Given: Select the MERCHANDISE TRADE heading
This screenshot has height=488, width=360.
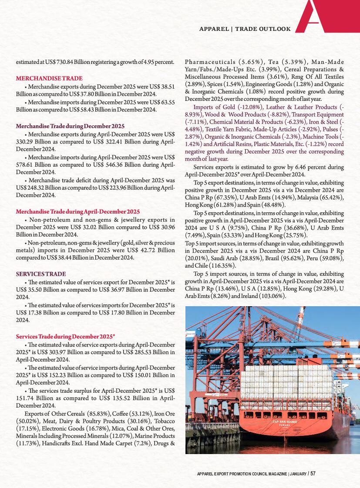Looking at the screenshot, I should (49, 78).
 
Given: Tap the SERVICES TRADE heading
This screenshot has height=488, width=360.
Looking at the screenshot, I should (41, 274).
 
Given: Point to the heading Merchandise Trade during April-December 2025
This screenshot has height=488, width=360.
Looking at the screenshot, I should (78, 211).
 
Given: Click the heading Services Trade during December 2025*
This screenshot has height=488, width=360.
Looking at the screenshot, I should (65, 337).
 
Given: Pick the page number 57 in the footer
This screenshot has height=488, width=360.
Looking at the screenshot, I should (313, 474).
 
